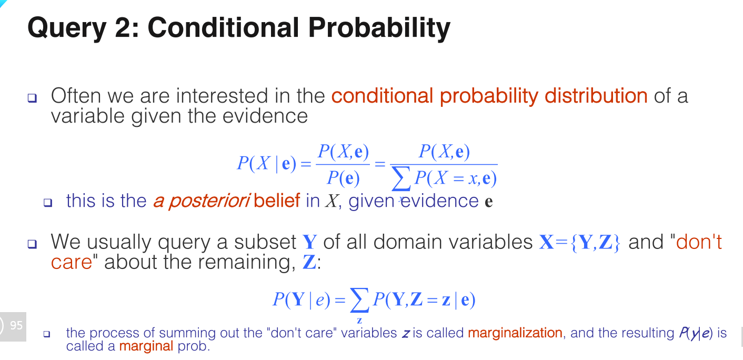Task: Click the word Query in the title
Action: [x=67, y=28]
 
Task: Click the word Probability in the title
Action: [x=379, y=28]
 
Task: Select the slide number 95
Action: [x=16, y=325]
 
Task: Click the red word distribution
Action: [x=596, y=96]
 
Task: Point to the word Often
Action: [x=76, y=96]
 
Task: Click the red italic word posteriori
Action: [x=209, y=202]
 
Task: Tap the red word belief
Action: [x=277, y=201]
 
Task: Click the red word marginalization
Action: [x=515, y=333]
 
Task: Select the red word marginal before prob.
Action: [x=146, y=346]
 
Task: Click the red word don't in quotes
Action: [x=699, y=242]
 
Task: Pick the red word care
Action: [x=72, y=263]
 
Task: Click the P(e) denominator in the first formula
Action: [x=343, y=178]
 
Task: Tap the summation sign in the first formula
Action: [x=401, y=178]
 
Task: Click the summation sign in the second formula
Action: [x=359, y=301]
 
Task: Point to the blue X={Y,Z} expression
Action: [x=579, y=242]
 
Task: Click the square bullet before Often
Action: [x=32, y=98]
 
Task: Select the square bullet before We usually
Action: [x=32, y=244]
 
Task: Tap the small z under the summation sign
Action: [x=359, y=321]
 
